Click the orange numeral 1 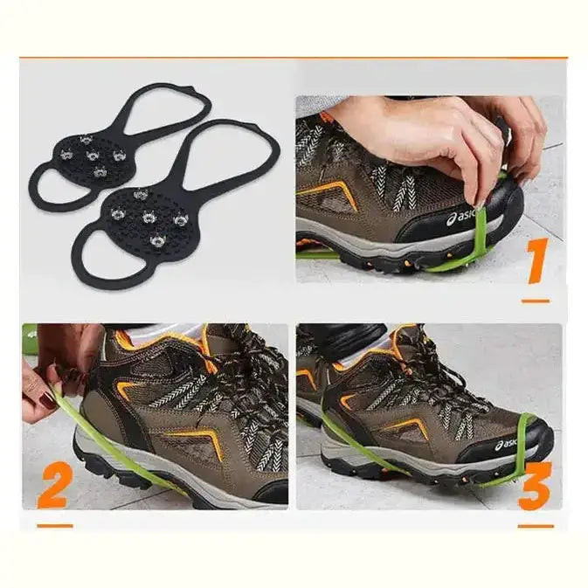(537, 259)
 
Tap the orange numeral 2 (54, 485)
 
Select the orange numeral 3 (535, 485)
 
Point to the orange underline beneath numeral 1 (536, 301)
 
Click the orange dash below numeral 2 (55, 526)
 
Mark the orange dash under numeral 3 (536, 526)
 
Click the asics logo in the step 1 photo (461, 218)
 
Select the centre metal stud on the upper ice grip (92, 155)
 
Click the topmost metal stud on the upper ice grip (86, 141)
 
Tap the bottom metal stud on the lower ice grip (157, 240)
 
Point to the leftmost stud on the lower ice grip (117, 213)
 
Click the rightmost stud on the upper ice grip (119, 154)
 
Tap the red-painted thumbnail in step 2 (48, 400)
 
